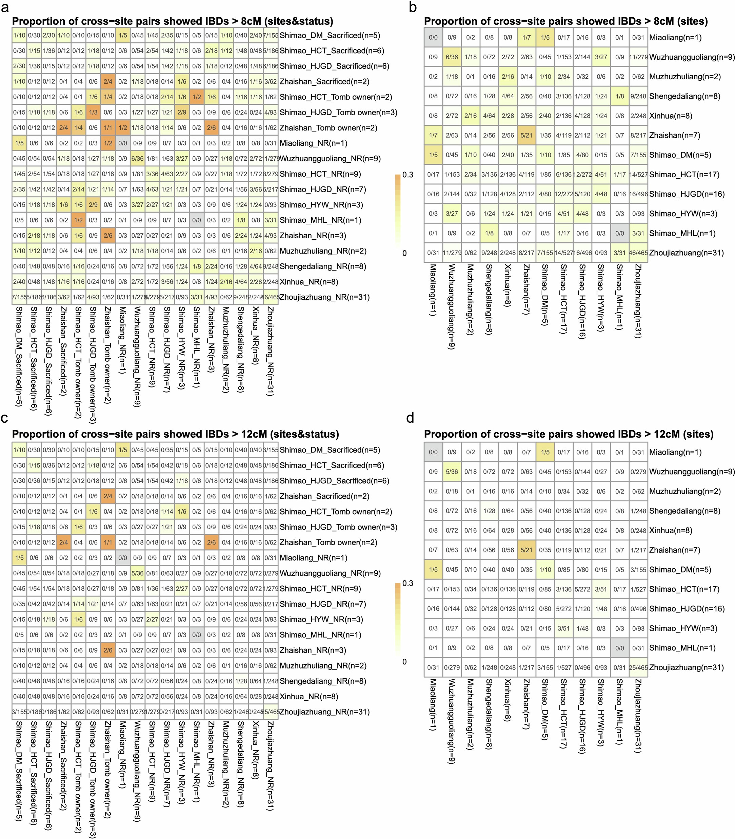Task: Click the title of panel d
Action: pyautogui.click(x=569, y=434)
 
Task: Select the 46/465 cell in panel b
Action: pyautogui.click(x=638, y=253)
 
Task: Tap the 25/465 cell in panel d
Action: pyautogui.click(x=638, y=667)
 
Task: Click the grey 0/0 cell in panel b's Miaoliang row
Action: pyautogui.click(x=433, y=37)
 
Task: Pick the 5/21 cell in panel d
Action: pyautogui.click(x=526, y=550)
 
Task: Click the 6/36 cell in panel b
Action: pyautogui.click(x=452, y=57)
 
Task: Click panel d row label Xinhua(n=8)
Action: pyautogui.click(x=671, y=531)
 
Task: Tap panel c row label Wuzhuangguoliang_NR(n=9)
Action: pyautogui.click(x=330, y=573)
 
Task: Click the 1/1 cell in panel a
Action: pyautogui.click(x=108, y=128)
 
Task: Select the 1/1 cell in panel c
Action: pyautogui.click(x=108, y=542)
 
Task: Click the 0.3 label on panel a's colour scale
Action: pyautogui.click(x=408, y=175)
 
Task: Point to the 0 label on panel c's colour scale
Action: pyautogui.click(x=404, y=661)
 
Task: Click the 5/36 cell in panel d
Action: pyautogui.click(x=452, y=472)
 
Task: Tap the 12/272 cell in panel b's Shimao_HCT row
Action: pyautogui.click(x=582, y=175)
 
